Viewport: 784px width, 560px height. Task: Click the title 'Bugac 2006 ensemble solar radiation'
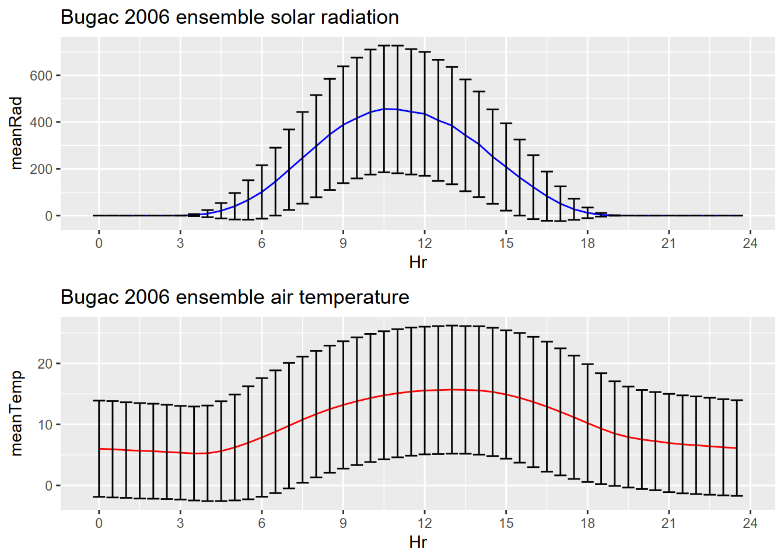pos(229,17)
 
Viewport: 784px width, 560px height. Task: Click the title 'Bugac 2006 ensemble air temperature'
pos(235,297)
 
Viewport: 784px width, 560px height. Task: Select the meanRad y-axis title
pos(16,133)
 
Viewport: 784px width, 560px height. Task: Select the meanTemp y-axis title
pos(16,413)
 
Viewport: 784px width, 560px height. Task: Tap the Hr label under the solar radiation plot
pos(418,262)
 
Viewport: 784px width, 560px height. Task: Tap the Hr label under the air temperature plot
pos(418,542)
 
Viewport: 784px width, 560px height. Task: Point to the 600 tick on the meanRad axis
pos(41,75)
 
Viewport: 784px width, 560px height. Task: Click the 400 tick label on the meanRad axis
pos(41,123)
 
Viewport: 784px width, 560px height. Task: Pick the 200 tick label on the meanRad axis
pos(41,169)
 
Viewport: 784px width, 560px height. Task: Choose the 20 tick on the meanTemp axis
pos(45,364)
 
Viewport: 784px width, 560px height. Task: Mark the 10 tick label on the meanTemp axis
pos(45,425)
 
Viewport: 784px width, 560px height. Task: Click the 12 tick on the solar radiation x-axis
pos(424,243)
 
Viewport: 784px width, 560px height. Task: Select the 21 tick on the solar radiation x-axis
pos(668,243)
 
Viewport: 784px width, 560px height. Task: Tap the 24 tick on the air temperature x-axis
pos(750,523)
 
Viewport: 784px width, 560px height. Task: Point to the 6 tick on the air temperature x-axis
pos(261,523)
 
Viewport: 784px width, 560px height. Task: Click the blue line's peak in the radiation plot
pos(384,108)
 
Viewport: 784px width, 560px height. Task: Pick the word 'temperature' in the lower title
pos(354,297)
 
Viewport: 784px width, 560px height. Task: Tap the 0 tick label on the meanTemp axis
pos(48,486)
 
